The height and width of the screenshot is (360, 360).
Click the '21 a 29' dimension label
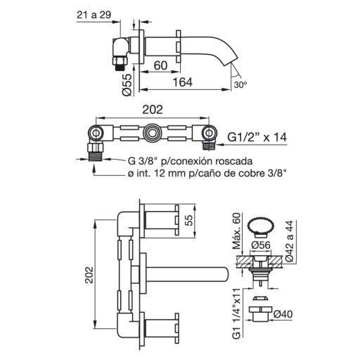pos(94,15)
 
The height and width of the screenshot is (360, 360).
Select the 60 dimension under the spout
pos(160,65)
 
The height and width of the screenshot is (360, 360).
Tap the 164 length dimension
pos(182,82)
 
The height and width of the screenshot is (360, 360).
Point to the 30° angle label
pos(240,84)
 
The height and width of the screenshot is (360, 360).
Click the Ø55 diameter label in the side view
pos(127,84)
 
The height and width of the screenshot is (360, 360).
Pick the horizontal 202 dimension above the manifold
pos(153,110)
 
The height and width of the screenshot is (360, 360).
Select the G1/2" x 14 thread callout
pos(257,137)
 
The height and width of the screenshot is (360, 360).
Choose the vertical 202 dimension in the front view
pos(89,275)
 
